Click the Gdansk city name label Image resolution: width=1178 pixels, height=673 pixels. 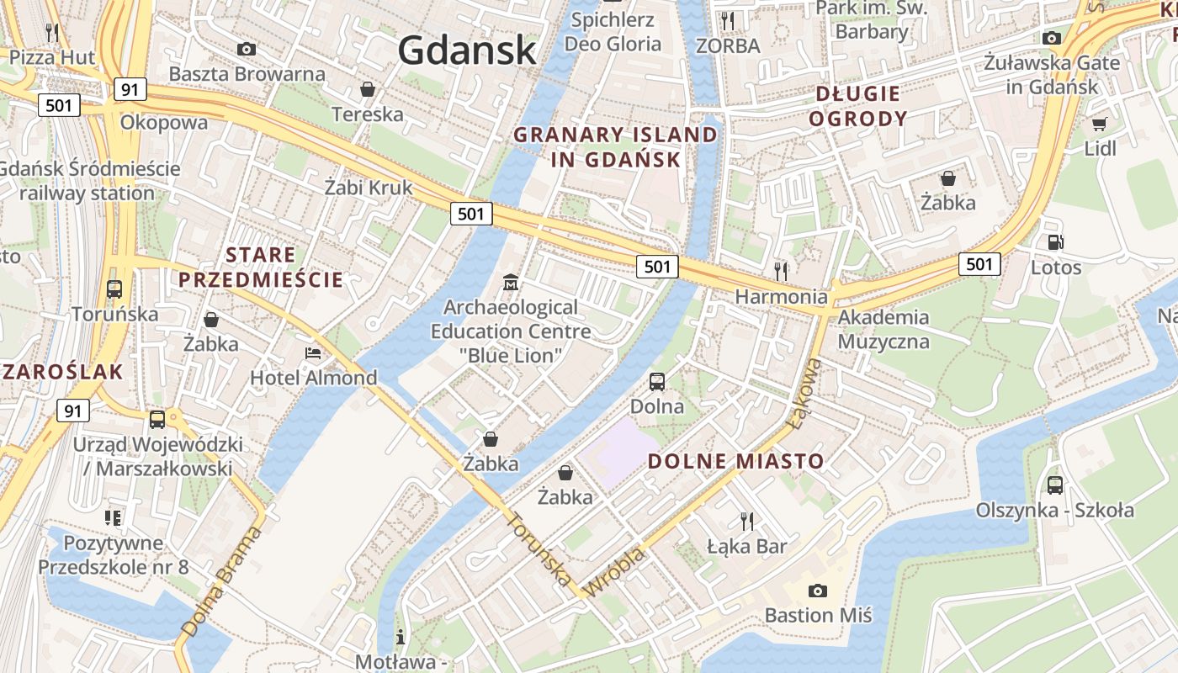pos(466,50)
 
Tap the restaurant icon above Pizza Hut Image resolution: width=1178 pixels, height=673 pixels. pos(52,33)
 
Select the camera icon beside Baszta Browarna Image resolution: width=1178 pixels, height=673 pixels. pos(247,49)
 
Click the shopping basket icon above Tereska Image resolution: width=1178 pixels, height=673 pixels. pos(368,89)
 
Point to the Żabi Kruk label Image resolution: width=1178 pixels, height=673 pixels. pos(369,187)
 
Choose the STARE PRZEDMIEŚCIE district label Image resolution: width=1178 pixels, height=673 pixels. pos(261,267)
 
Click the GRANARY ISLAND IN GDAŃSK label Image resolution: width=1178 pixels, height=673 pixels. pos(616,146)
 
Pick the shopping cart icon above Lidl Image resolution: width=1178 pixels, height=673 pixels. pos(1099,125)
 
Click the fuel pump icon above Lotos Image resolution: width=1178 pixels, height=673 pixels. pos(1055,242)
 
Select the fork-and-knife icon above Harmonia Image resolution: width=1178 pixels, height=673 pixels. pos(782,271)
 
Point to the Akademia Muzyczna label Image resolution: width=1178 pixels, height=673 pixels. pos(883,329)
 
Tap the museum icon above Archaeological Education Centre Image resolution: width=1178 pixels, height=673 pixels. pos(510,282)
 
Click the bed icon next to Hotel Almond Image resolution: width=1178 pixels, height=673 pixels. pos(313,352)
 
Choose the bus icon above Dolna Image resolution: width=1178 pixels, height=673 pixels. pos(657,381)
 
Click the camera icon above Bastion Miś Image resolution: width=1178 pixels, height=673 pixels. pos(817,591)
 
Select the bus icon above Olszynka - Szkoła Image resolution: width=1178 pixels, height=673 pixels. pos(1055,485)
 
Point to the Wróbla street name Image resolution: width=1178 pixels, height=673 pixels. pos(615,572)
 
